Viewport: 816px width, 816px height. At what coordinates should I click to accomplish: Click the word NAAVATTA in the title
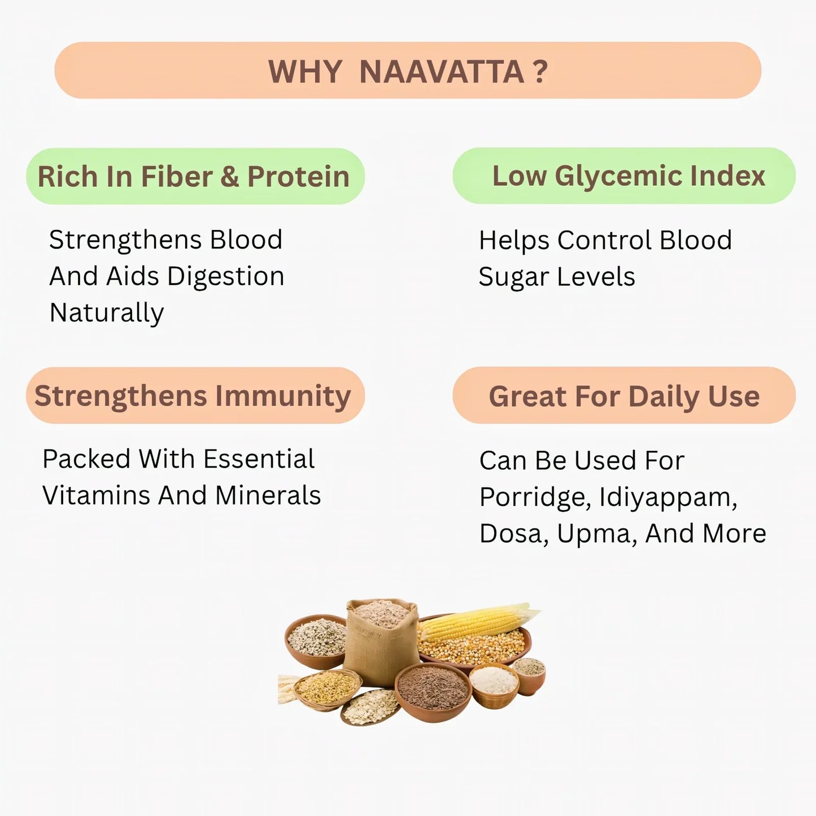pyautogui.click(x=442, y=72)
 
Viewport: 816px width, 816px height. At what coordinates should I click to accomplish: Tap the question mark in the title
pyautogui.click(x=540, y=72)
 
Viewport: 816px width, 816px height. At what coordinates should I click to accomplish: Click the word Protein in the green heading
pyautogui.click(x=298, y=177)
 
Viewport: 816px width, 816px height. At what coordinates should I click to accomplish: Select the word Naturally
pyautogui.click(x=107, y=313)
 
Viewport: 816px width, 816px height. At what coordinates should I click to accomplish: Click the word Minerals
pyautogui.click(x=268, y=495)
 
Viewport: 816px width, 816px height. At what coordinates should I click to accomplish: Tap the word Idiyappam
pyautogui.click(x=668, y=498)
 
